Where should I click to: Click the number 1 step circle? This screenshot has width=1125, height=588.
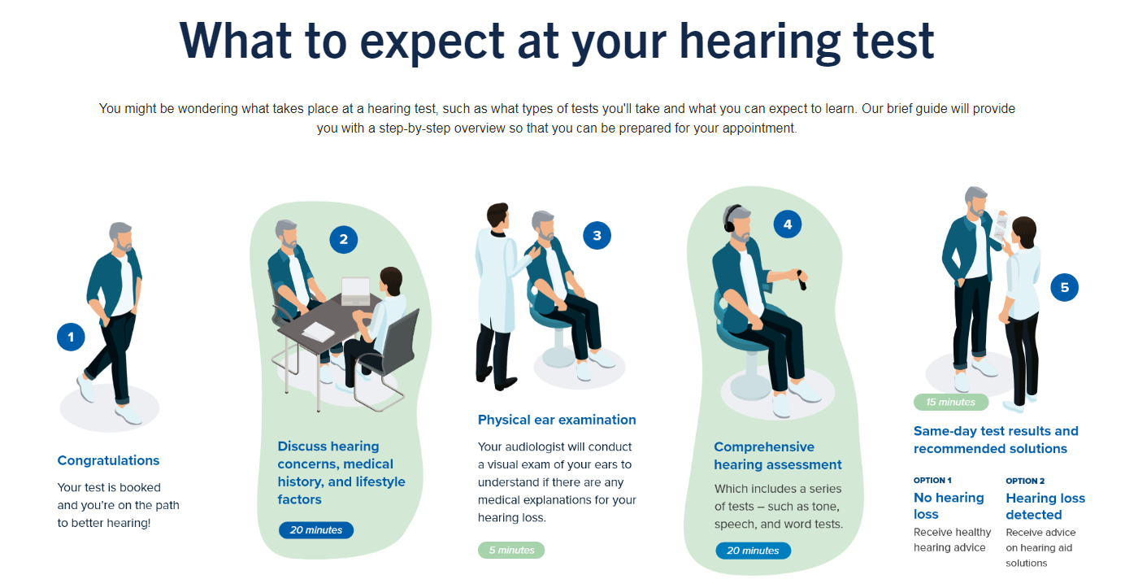[x=71, y=337]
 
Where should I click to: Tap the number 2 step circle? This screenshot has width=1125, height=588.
[x=344, y=239]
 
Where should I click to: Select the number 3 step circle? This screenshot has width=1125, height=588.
[x=597, y=236]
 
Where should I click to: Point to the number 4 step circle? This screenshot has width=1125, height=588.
[x=788, y=224]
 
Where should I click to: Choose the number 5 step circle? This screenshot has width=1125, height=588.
[x=1064, y=287]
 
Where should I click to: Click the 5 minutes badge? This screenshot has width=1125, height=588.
[x=511, y=551]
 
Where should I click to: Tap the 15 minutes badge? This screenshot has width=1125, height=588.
[x=951, y=402]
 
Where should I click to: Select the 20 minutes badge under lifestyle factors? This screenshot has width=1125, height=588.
[x=316, y=530]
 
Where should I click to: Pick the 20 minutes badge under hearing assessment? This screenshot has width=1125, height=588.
[x=753, y=551]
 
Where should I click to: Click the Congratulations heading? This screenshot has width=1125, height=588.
[x=108, y=460]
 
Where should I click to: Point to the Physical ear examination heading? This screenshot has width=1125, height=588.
[x=557, y=420]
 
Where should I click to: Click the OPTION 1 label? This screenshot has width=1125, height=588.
[x=932, y=481]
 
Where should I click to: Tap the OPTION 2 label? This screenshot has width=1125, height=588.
[x=1025, y=481]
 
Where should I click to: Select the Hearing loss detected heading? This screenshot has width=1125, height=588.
[x=1045, y=506]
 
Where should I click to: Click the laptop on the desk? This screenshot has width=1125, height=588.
[x=356, y=291]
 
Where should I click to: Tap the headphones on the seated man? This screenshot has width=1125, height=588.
[x=730, y=219]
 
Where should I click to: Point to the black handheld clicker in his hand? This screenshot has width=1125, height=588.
[x=801, y=280]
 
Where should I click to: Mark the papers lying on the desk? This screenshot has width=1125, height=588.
[x=319, y=332]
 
